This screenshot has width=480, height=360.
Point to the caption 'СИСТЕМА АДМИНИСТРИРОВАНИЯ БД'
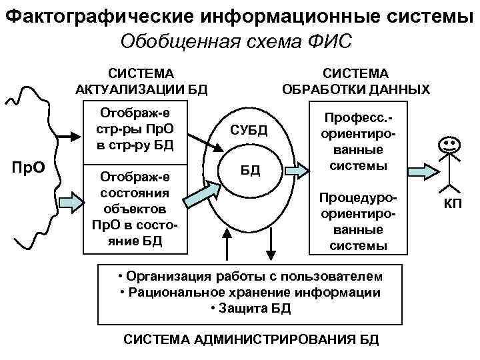point(251,339)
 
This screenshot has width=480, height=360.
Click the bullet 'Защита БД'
point(250,309)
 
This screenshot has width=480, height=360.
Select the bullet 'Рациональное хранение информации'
point(251,293)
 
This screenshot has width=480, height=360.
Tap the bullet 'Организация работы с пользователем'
point(250,277)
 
